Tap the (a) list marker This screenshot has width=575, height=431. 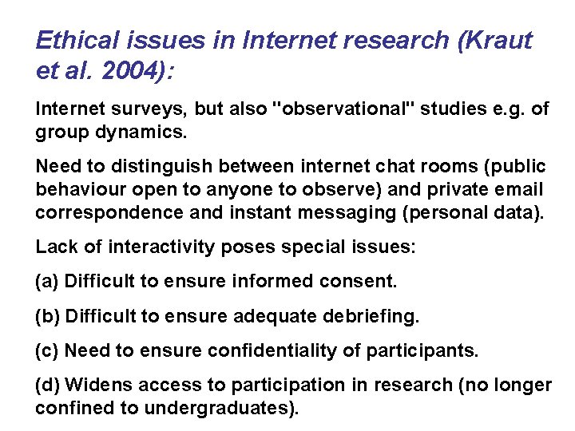coord(47,282)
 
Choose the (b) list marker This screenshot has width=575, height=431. coord(47,316)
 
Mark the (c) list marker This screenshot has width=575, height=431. coord(47,350)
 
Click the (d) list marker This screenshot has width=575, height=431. coord(47,385)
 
